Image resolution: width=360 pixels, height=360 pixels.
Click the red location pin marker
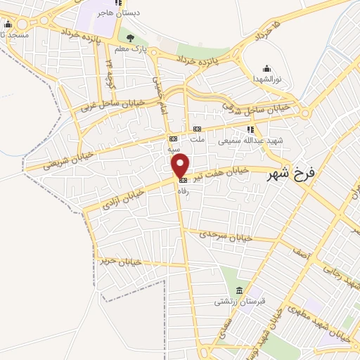point(181,166)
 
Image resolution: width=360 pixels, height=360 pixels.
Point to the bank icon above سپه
point(173,139)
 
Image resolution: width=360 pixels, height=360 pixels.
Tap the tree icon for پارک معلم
point(129,37)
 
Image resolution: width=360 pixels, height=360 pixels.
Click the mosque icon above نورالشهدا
point(266,68)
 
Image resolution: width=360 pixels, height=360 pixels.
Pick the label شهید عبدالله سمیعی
point(250,140)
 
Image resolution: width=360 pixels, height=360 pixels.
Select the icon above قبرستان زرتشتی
point(240,291)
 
